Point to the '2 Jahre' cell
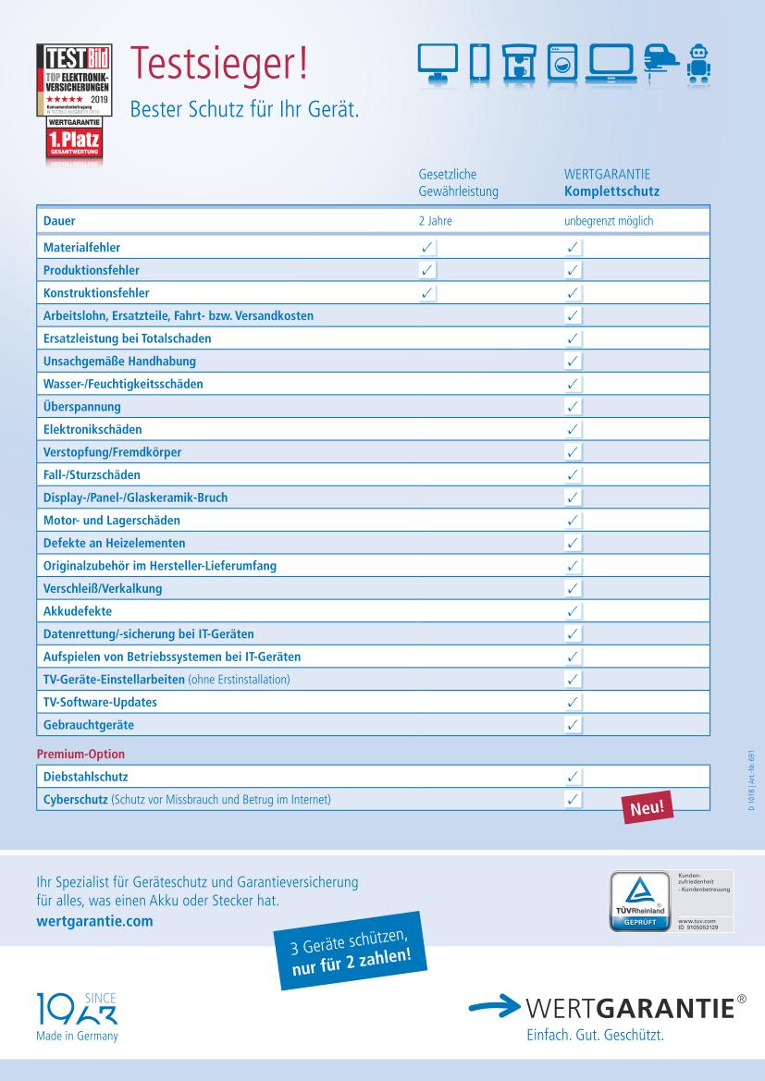[435, 223]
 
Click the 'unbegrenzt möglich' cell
[609, 223]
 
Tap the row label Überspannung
[82, 406]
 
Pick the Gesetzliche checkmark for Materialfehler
[426, 248]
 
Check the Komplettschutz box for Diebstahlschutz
[574, 778]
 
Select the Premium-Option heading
[80, 755]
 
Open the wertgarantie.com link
[91, 921]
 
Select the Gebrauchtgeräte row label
[89, 725]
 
